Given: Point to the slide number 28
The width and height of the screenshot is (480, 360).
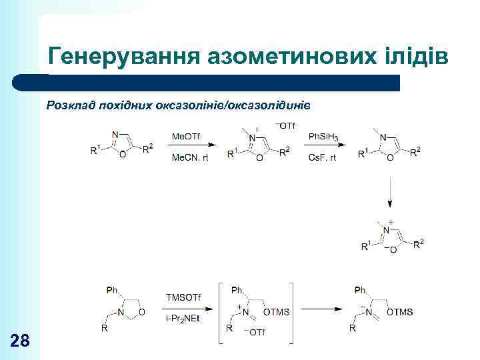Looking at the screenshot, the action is [x=21, y=341].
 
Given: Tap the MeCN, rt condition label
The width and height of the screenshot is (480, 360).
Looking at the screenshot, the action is [x=190, y=157].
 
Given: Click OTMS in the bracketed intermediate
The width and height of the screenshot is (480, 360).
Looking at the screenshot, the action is [x=276, y=312].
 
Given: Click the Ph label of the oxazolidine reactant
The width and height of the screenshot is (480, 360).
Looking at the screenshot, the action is [x=112, y=290].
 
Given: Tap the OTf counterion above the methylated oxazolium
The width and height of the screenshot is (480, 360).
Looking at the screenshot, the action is [x=285, y=125].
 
